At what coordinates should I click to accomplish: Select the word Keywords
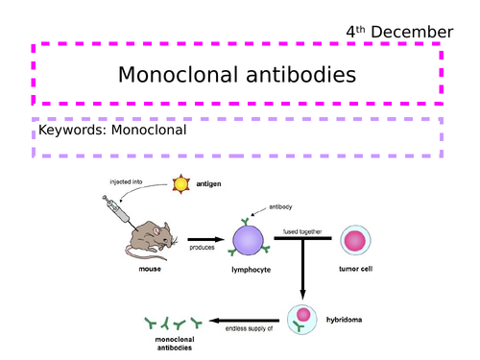tap(75, 131)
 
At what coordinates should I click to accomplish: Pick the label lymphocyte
tap(252, 270)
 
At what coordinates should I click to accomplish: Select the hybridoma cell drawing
tap(302, 317)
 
